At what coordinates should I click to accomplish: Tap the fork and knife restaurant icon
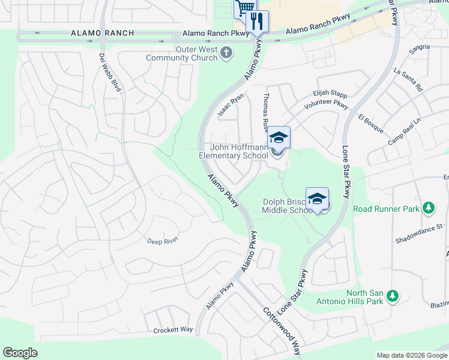click(x=258, y=22)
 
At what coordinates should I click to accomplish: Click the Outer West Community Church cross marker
click(x=227, y=53)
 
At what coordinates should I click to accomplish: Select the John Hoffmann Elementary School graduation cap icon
click(x=279, y=137)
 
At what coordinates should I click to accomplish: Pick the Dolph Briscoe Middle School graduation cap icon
click(x=317, y=199)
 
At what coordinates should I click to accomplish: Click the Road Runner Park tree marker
click(x=428, y=208)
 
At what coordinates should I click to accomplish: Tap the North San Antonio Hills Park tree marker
click(x=392, y=296)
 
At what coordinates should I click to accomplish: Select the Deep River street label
click(x=163, y=241)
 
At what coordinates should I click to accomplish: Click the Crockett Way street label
click(x=173, y=330)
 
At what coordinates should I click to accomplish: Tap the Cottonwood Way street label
click(x=281, y=330)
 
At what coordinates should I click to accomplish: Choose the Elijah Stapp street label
click(x=330, y=94)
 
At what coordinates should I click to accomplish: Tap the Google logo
click(x=20, y=353)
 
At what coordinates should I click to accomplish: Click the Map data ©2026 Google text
click(x=411, y=355)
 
